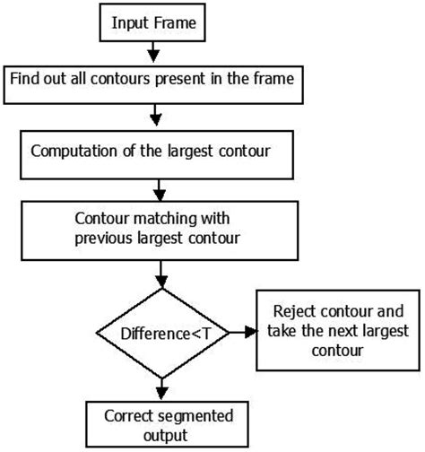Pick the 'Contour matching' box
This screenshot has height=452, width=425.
coord(161,229)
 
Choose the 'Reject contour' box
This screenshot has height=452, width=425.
coord(338,331)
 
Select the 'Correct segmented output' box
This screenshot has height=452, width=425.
coord(161,425)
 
